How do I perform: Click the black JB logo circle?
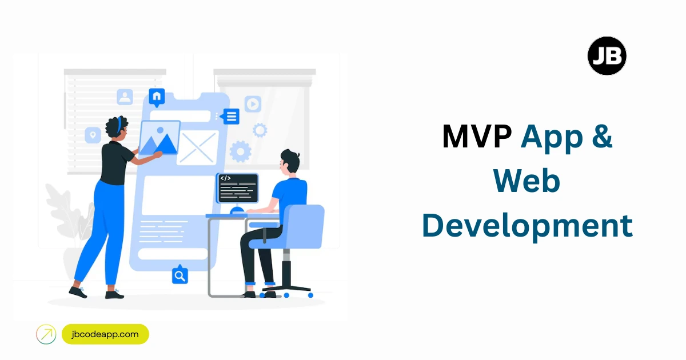pos(607,55)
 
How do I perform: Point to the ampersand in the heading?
pos(601,138)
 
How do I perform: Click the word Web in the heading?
pos(527,182)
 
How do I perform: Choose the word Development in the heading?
pos(527,226)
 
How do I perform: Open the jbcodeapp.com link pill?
pos(105,334)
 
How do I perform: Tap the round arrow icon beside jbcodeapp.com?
pos(46,334)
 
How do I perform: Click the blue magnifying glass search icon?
pos(180,276)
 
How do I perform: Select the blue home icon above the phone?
pos(157,97)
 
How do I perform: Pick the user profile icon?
pos(125,97)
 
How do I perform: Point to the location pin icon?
pos(93,135)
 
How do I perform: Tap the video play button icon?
pos(253,104)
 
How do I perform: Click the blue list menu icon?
pos(231,117)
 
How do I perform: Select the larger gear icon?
pos(241,151)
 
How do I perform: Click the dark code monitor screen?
pos(237,187)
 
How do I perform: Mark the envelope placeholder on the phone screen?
pos(197,148)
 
